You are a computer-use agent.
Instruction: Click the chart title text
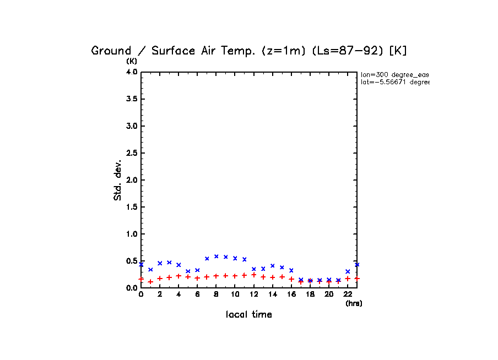click(x=248, y=51)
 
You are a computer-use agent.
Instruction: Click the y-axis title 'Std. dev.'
click(x=118, y=180)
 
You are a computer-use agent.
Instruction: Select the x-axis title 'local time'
click(x=248, y=315)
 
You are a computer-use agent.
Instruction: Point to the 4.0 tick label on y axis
click(x=132, y=72)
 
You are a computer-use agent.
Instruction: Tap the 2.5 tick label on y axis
click(x=132, y=153)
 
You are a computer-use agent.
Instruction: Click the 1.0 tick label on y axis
click(x=132, y=234)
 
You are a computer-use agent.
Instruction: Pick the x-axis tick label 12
click(x=253, y=294)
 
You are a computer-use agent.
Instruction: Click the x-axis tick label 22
click(x=348, y=294)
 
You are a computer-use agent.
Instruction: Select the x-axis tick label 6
click(x=197, y=294)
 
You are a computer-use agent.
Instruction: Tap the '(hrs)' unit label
click(x=354, y=303)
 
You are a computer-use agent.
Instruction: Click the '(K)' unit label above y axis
click(x=132, y=61)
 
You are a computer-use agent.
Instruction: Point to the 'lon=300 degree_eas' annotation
click(x=394, y=74)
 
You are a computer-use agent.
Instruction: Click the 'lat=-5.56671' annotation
click(x=394, y=82)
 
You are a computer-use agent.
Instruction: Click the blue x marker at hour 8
click(x=216, y=256)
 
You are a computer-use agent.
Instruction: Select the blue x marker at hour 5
click(x=188, y=271)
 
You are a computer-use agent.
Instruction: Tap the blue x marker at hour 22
click(x=348, y=271)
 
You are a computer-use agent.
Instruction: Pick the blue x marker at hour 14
click(x=272, y=265)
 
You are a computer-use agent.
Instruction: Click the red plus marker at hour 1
click(x=150, y=281)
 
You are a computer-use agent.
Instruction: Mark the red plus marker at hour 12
click(x=253, y=275)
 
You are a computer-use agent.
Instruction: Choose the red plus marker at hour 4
click(x=178, y=276)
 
